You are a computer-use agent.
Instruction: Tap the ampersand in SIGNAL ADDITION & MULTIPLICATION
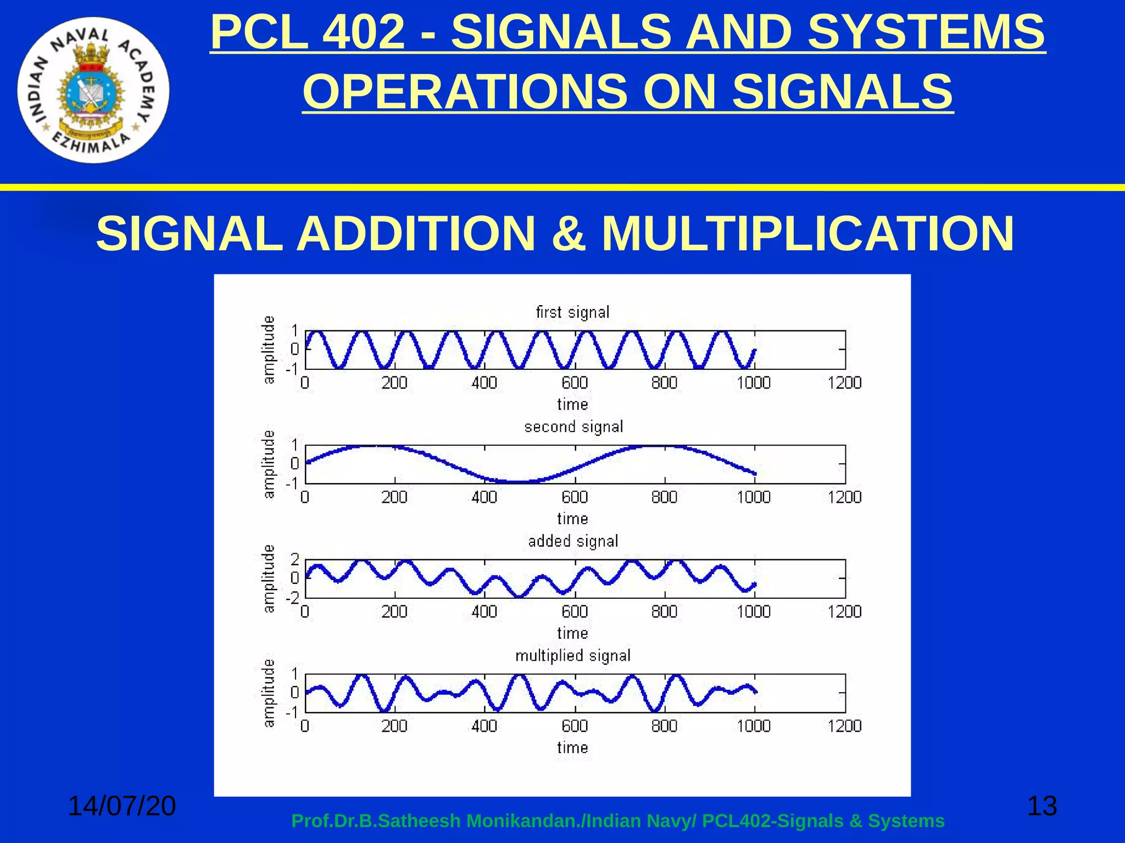[568, 233]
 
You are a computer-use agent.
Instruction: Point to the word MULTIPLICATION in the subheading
[807, 233]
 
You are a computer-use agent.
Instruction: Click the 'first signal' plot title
[572, 312]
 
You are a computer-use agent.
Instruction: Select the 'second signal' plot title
[573, 427]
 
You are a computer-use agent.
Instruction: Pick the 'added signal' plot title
[573, 541]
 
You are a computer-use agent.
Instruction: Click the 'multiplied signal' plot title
[573, 656]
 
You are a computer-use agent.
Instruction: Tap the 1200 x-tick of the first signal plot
[844, 383]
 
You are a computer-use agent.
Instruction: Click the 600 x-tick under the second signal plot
[575, 497]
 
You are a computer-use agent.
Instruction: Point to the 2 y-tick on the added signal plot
[295, 560]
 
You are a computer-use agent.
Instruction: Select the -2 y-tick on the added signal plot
[292, 598]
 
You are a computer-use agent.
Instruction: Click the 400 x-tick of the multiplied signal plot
[484, 726]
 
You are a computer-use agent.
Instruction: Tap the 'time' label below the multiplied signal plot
[572, 748]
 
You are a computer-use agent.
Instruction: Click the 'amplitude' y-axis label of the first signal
[268, 350]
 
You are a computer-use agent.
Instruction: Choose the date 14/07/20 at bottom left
[121, 806]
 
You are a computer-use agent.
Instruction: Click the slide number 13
[1042, 806]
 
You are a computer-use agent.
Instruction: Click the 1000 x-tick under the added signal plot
[754, 611]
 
